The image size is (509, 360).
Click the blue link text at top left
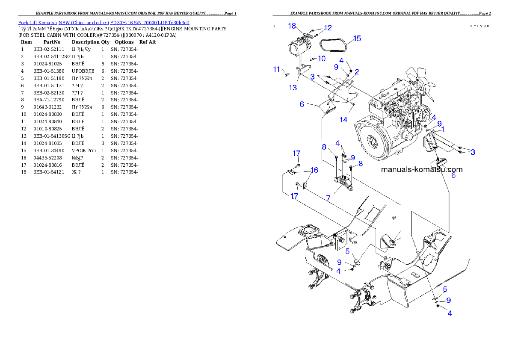click(x=104, y=22)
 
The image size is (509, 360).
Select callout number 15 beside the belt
click(x=357, y=38)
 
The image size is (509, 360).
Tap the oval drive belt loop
click(x=335, y=43)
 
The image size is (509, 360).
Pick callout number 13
click(x=293, y=88)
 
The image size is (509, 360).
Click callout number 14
click(x=343, y=120)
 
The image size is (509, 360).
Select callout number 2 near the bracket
click(x=356, y=71)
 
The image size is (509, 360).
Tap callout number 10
click(x=322, y=58)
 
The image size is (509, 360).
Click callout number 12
click(x=328, y=28)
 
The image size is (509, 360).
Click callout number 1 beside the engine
click(x=443, y=129)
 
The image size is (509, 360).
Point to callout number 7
click(x=328, y=199)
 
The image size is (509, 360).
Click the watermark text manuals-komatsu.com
click(x=421, y=169)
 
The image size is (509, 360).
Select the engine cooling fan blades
click(x=414, y=80)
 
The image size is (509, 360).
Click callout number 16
click(x=314, y=170)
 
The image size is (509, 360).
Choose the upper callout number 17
click(x=296, y=153)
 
